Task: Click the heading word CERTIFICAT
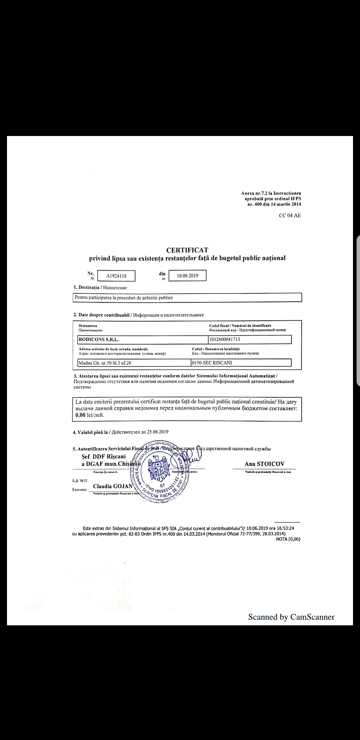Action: point(187,250)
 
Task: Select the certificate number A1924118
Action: point(116,276)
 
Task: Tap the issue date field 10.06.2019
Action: point(188,276)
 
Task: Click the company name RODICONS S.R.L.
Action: point(98,340)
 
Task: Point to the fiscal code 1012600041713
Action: point(225,339)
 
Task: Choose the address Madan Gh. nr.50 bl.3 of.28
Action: point(107,363)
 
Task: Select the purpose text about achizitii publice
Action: point(124,298)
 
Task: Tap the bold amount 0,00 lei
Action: point(90,415)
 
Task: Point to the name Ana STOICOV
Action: point(264,464)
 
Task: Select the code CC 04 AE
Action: point(290,215)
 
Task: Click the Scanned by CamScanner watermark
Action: point(291,617)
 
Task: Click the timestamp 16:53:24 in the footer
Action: point(284,528)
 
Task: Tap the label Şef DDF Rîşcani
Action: point(104,456)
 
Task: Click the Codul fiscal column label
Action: point(240,325)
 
